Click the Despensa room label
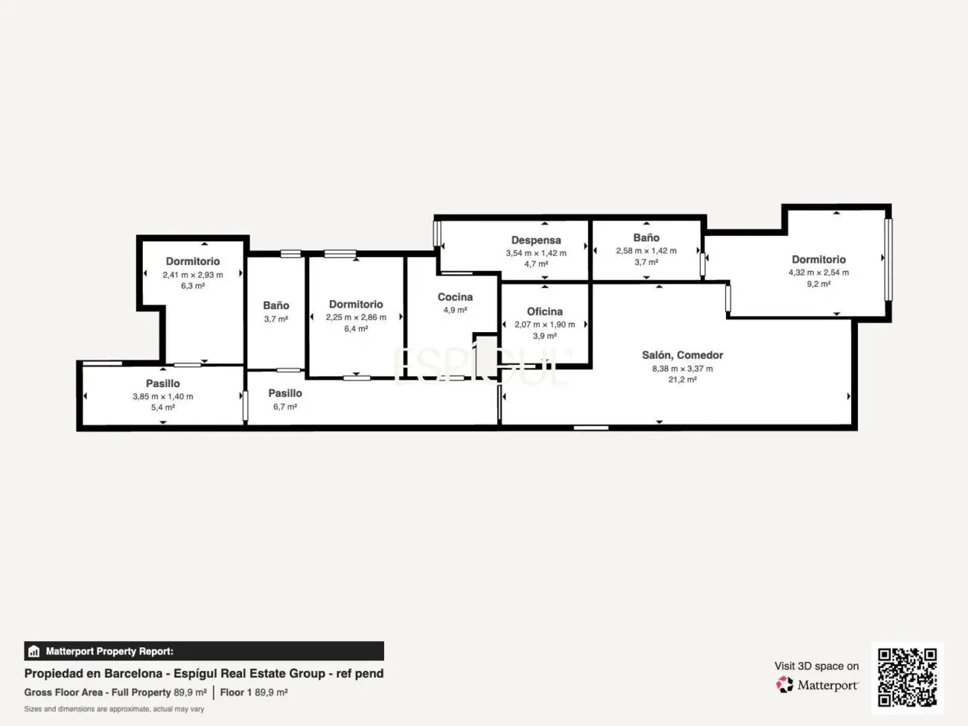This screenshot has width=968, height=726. tap(536, 241)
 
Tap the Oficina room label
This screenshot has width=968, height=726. tap(544, 312)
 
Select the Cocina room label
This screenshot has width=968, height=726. tap(455, 297)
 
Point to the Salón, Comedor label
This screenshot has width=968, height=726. tap(682, 355)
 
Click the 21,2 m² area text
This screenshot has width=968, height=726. tap(682, 380)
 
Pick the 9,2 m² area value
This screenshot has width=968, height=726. tap(818, 284)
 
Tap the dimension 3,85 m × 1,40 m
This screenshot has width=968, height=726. tap(163, 396)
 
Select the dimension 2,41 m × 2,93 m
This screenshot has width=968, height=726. tap(193, 275)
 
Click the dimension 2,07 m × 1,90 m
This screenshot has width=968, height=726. tap(544, 325)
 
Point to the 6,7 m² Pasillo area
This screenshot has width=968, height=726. tap(285, 407)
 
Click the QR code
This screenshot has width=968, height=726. tap(907, 678)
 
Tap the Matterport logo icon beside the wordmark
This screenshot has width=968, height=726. tap(785, 684)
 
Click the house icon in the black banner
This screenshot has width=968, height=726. tap(34, 651)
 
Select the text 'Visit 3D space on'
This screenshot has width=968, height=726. tap(816, 666)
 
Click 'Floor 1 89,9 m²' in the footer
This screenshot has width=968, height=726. tap(254, 692)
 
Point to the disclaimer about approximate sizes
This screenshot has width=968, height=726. tap(114, 709)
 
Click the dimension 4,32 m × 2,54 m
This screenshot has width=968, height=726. tap(818, 273)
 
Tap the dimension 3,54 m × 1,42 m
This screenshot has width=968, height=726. tap(536, 253)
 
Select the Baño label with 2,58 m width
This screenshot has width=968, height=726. tap(646, 238)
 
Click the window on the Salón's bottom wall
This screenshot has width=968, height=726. tap(591, 427)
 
